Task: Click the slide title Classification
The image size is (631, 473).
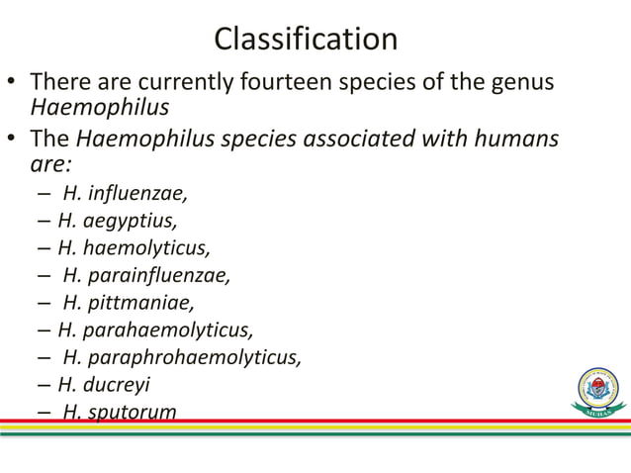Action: click(306, 40)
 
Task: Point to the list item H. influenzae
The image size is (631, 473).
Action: click(125, 193)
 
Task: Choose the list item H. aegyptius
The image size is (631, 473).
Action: click(118, 220)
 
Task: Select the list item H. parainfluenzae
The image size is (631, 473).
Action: click(146, 274)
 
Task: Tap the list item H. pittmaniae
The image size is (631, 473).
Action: click(129, 302)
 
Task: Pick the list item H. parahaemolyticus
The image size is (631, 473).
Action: click(154, 329)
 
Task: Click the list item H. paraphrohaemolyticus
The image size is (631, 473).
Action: click(182, 356)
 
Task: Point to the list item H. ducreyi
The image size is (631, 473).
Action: click(107, 384)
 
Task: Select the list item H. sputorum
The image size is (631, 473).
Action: click(120, 411)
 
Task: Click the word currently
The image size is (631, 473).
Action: click(181, 81)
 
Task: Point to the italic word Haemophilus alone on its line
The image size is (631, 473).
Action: click(100, 107)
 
